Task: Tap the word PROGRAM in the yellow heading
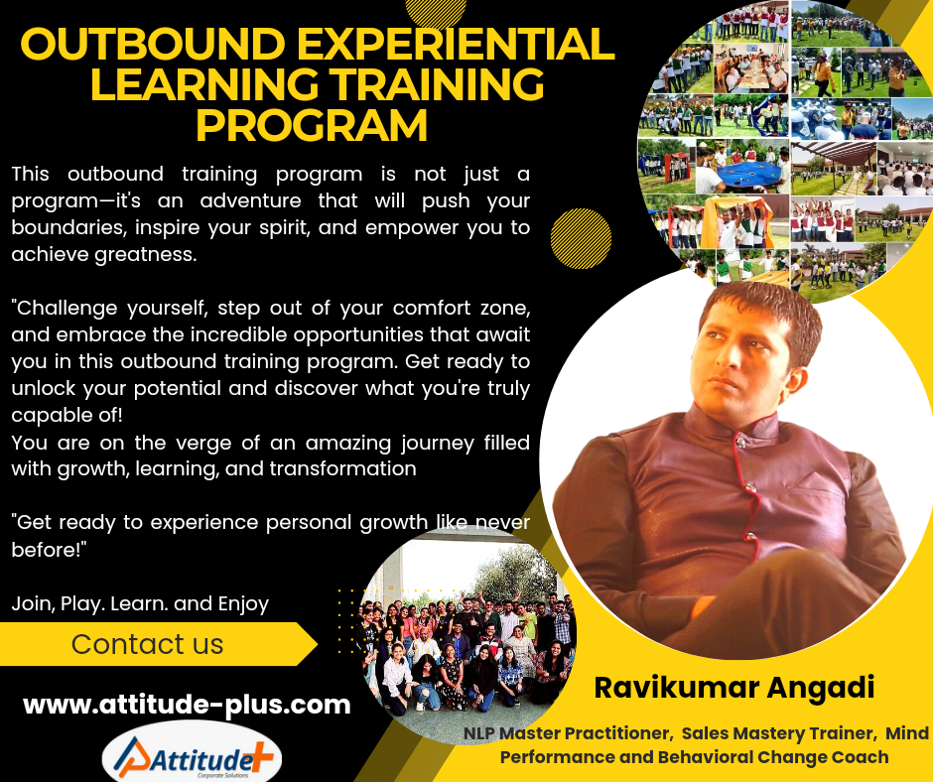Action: [x=312, y=125]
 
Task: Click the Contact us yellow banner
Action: [x=158, y=644]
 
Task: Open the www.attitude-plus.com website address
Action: [x=187, y=705]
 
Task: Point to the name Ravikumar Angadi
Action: [x=734, y=688]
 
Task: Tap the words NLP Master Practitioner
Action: [x=569, y=733]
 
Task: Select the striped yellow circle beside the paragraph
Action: [x=581, y=238]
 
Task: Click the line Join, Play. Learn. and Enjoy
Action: [x=140, y=603]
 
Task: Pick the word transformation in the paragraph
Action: [x=342, y=468]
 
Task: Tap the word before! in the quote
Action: [x=49, y=549]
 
